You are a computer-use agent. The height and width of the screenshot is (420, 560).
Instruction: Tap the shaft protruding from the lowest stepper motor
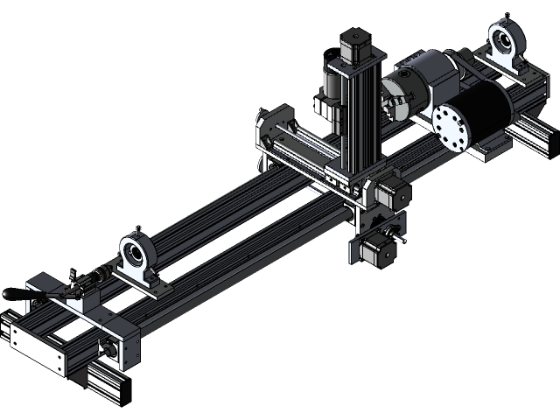[399, 234]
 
